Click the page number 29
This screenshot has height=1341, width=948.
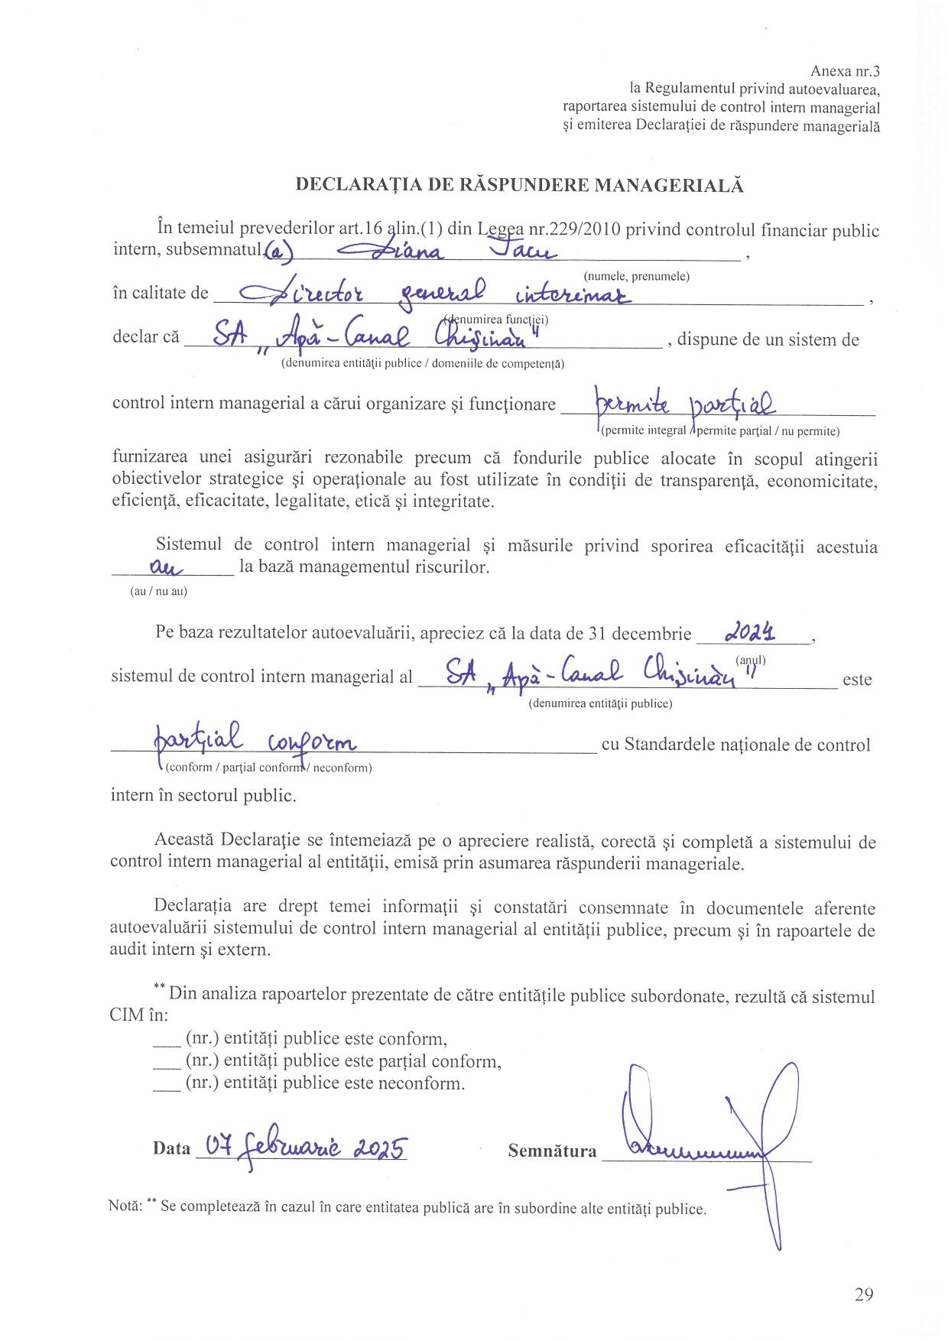coord(864,1294)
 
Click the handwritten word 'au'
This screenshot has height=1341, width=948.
coord(163,567)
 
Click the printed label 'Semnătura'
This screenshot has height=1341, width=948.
coord(552,1151)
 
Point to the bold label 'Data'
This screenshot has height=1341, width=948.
coord(171,1148)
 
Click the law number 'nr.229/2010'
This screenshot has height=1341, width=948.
coord(575,230)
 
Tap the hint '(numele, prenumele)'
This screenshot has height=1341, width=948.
coord(636,276)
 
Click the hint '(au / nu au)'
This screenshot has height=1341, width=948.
coord(158,591)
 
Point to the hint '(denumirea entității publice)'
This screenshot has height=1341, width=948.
coord(600,703)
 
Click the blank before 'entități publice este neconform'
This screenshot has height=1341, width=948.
coord(166,1083)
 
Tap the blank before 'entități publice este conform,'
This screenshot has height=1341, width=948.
coord(166,1039)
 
